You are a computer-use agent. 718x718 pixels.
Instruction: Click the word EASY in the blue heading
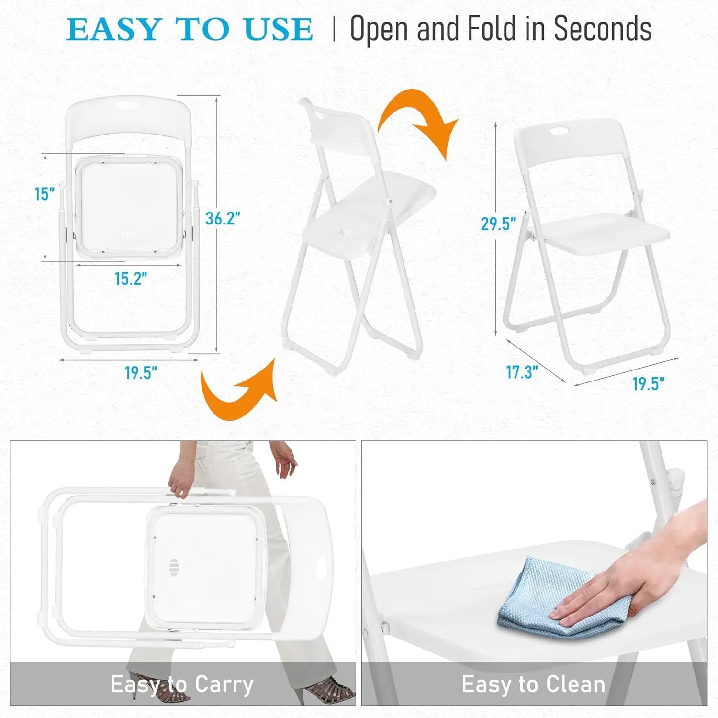coord(113,30)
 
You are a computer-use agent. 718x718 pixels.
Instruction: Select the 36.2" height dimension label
coord(222,218)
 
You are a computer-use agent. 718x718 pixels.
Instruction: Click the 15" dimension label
coord(44,194)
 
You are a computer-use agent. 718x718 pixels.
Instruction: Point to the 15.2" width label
coord(131,279)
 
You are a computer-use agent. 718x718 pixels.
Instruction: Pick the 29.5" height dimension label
coord(498,224)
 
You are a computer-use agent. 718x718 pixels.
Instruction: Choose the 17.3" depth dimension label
coord(522,372)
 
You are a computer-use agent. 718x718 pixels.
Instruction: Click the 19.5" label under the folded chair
coord(141,373)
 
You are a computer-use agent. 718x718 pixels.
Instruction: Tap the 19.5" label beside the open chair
coord(648,384)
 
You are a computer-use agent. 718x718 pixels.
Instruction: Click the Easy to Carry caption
coord(182,684)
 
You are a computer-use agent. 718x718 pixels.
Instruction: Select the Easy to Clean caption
coord(533,684)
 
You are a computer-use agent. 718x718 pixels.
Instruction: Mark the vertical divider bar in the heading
coord(334,30)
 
